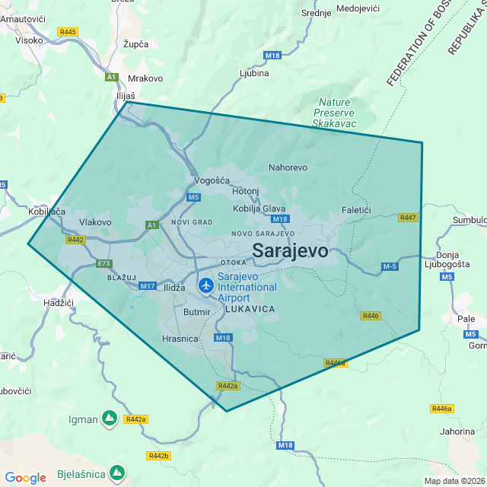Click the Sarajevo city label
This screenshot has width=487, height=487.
coord(290,250)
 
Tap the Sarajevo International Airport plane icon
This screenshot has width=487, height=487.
coord(205,285)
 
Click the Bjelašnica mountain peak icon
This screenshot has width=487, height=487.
coord(116,473)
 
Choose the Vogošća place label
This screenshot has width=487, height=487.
coord(212,180)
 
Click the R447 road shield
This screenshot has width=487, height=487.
coord(408,218)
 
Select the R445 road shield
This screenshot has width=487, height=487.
coord(67,32)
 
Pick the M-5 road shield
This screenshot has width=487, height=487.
coord(390,266)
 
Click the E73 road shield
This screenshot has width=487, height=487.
coord(103,263)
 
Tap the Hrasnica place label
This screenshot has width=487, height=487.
coord(180,339)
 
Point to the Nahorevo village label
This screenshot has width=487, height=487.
coord(288,167)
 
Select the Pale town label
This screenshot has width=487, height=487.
coord(466,319)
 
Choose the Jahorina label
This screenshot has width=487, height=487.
coord(457,431)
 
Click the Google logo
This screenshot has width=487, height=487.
coord(25,478)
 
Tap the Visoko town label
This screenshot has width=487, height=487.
coord(29,40)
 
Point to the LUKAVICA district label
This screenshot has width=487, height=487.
coord(250,310)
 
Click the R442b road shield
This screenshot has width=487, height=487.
coord(158,456)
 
